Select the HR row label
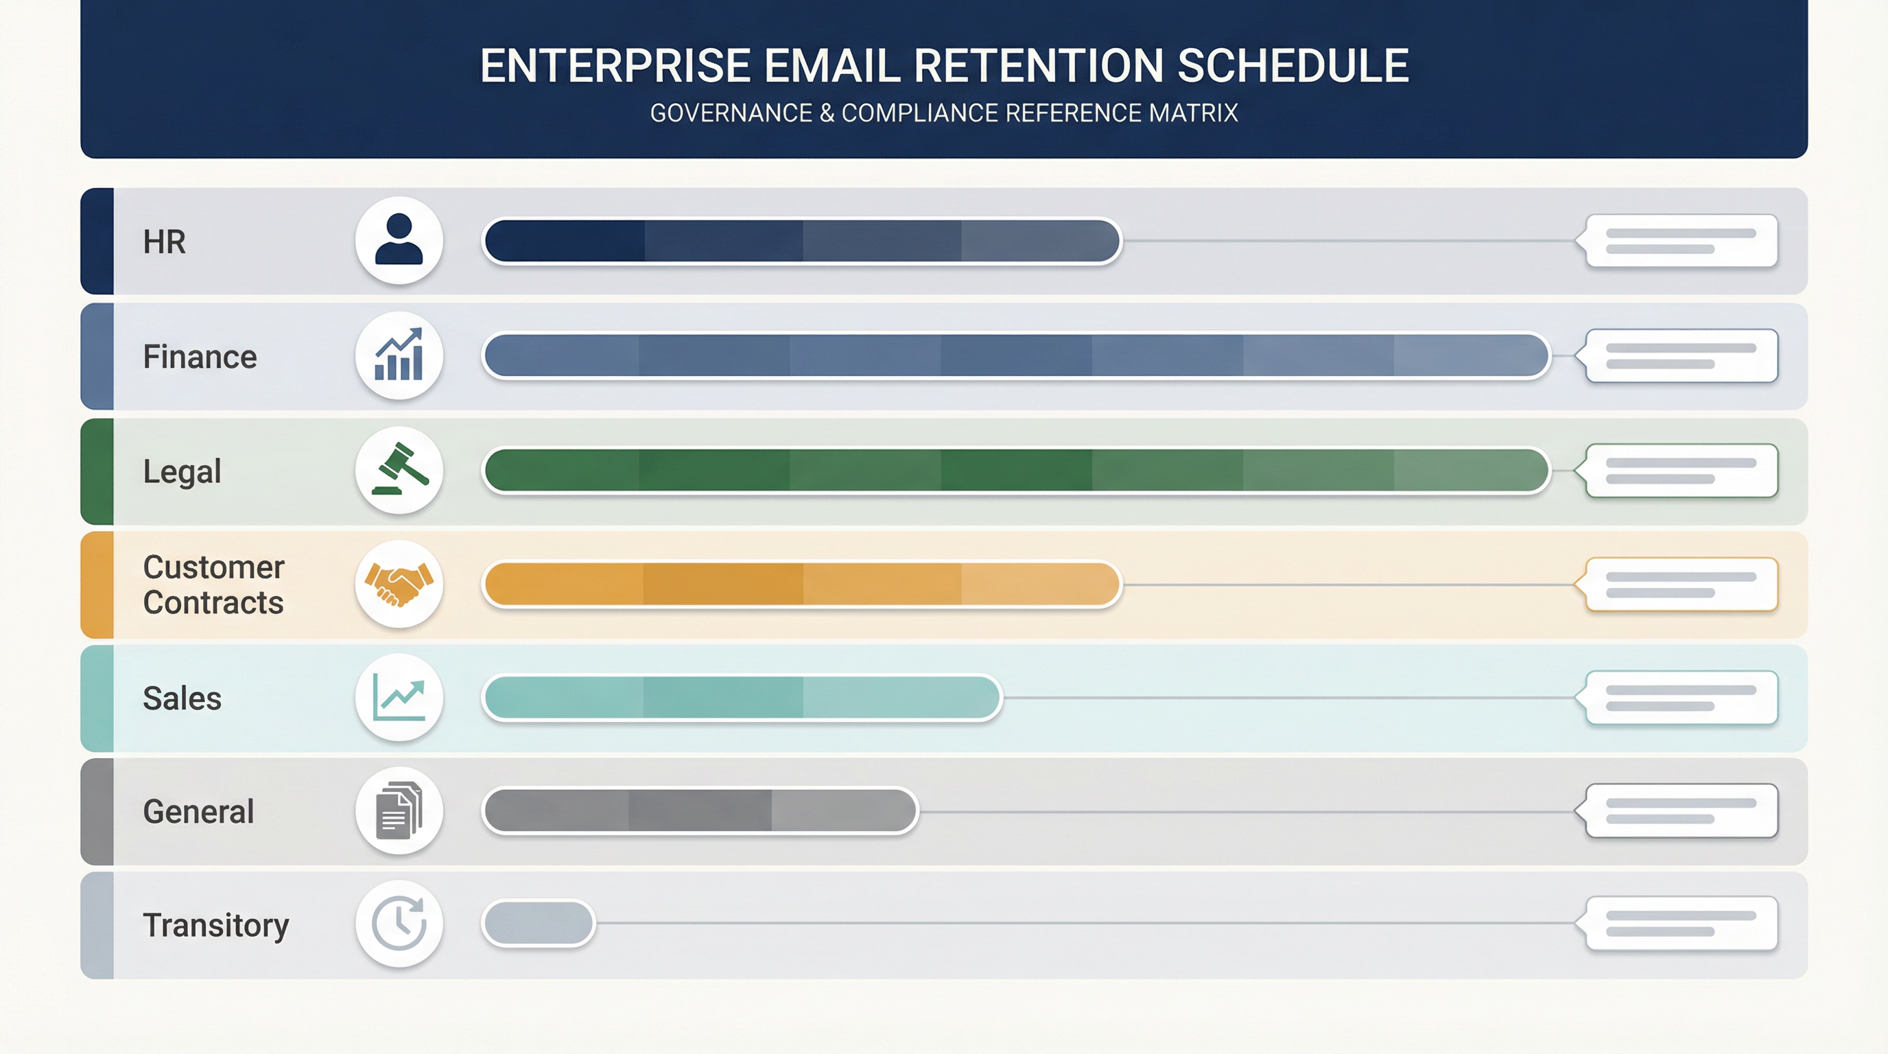tap(164, 242)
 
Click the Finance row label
tap(200, 357)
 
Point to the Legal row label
tap(182, 471)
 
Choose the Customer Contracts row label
tap(213, 585)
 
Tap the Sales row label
tap(182, 699)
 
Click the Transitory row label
tap(215, 925)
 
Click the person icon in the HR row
tap(399, 239)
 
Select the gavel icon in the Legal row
tap(399, 470)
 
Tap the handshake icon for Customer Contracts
tap(399, 584)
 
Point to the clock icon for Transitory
tap(399, 924)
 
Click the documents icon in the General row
tap(399, 810)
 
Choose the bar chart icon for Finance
tap(399, 355)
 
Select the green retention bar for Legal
tap(1016, 470)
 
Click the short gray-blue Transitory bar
tap(539, 924)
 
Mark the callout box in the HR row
tap(1680, 240)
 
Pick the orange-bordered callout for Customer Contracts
tap(1680, 584)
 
